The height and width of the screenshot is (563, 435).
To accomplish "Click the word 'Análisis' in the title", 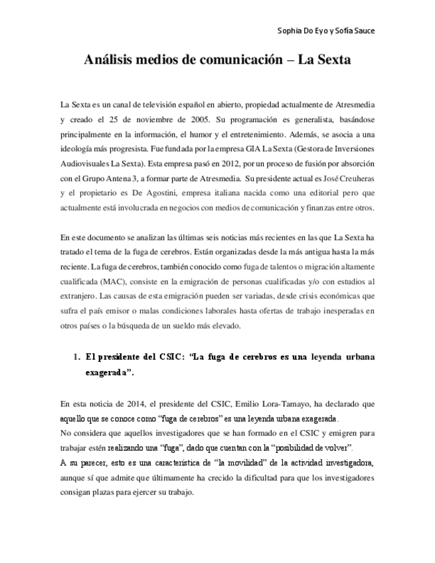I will [x=108, y=60].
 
